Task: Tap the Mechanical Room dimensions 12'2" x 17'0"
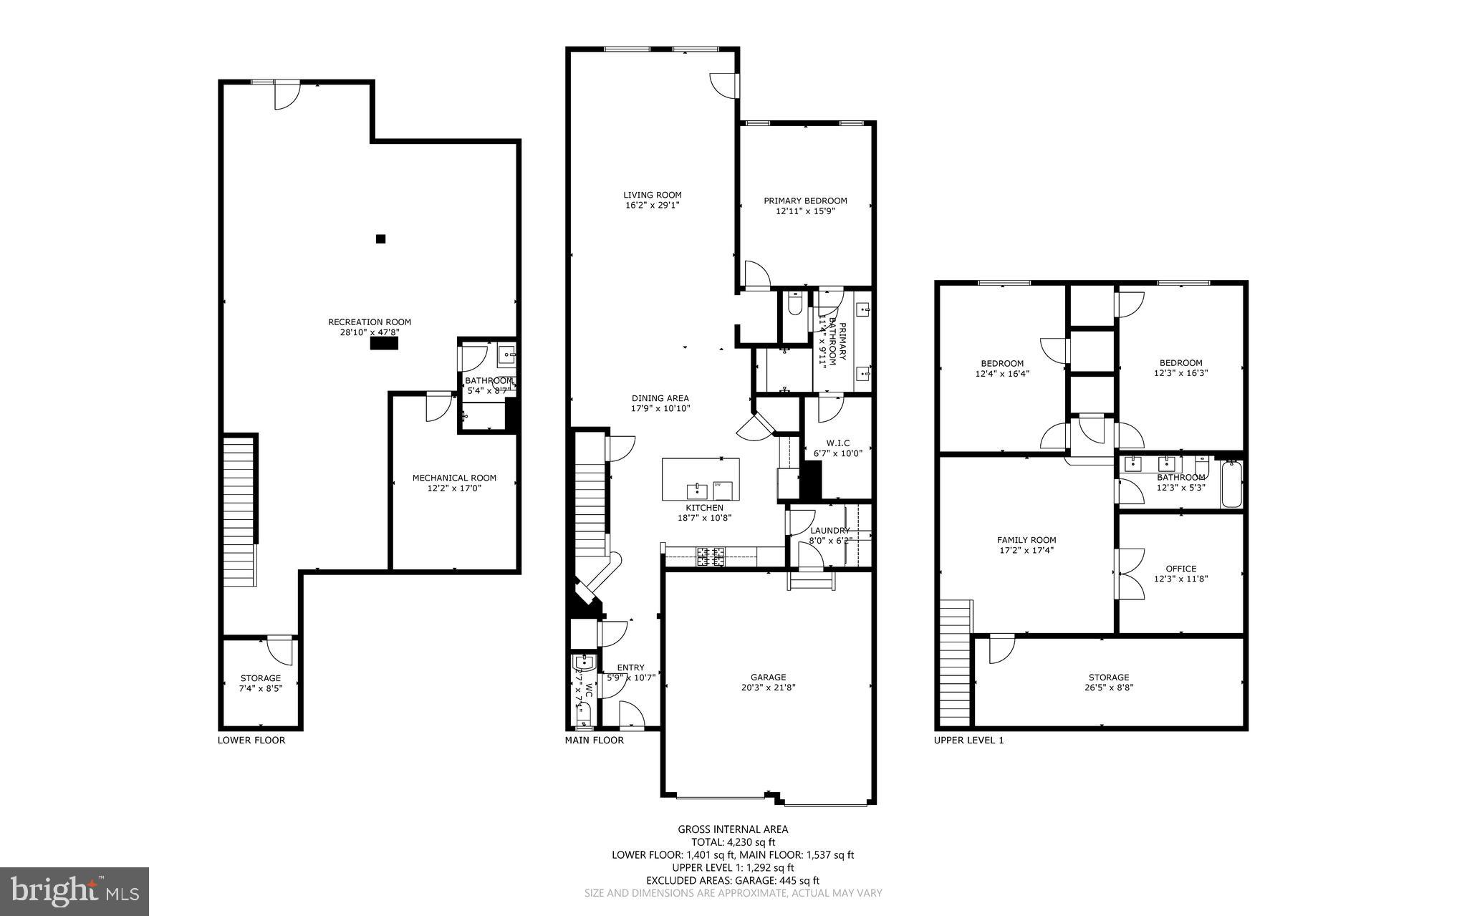(x=453, y=488)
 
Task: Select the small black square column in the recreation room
(x=381, y=239)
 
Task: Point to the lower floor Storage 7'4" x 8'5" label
(x=260, y=678)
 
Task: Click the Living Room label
(x=652, y=195)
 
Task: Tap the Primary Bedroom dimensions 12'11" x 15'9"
(x=805, y=211)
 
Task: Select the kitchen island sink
(x=696, y=491)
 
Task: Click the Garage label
(x=768, y=677)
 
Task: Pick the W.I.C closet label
(x=837, y=443)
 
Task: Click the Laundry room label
(x=829, y=531)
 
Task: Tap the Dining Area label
(x=660, y=398)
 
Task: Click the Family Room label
(x=1026, y=540)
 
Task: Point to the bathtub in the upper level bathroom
(x=1231, y=485)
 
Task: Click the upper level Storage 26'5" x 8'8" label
(x=1108, y=678)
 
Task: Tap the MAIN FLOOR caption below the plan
(x=594, y=740)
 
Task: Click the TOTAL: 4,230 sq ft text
(x=733, y=842)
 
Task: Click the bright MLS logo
(x=74, y=891)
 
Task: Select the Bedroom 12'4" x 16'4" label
(x=1001, y=363)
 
